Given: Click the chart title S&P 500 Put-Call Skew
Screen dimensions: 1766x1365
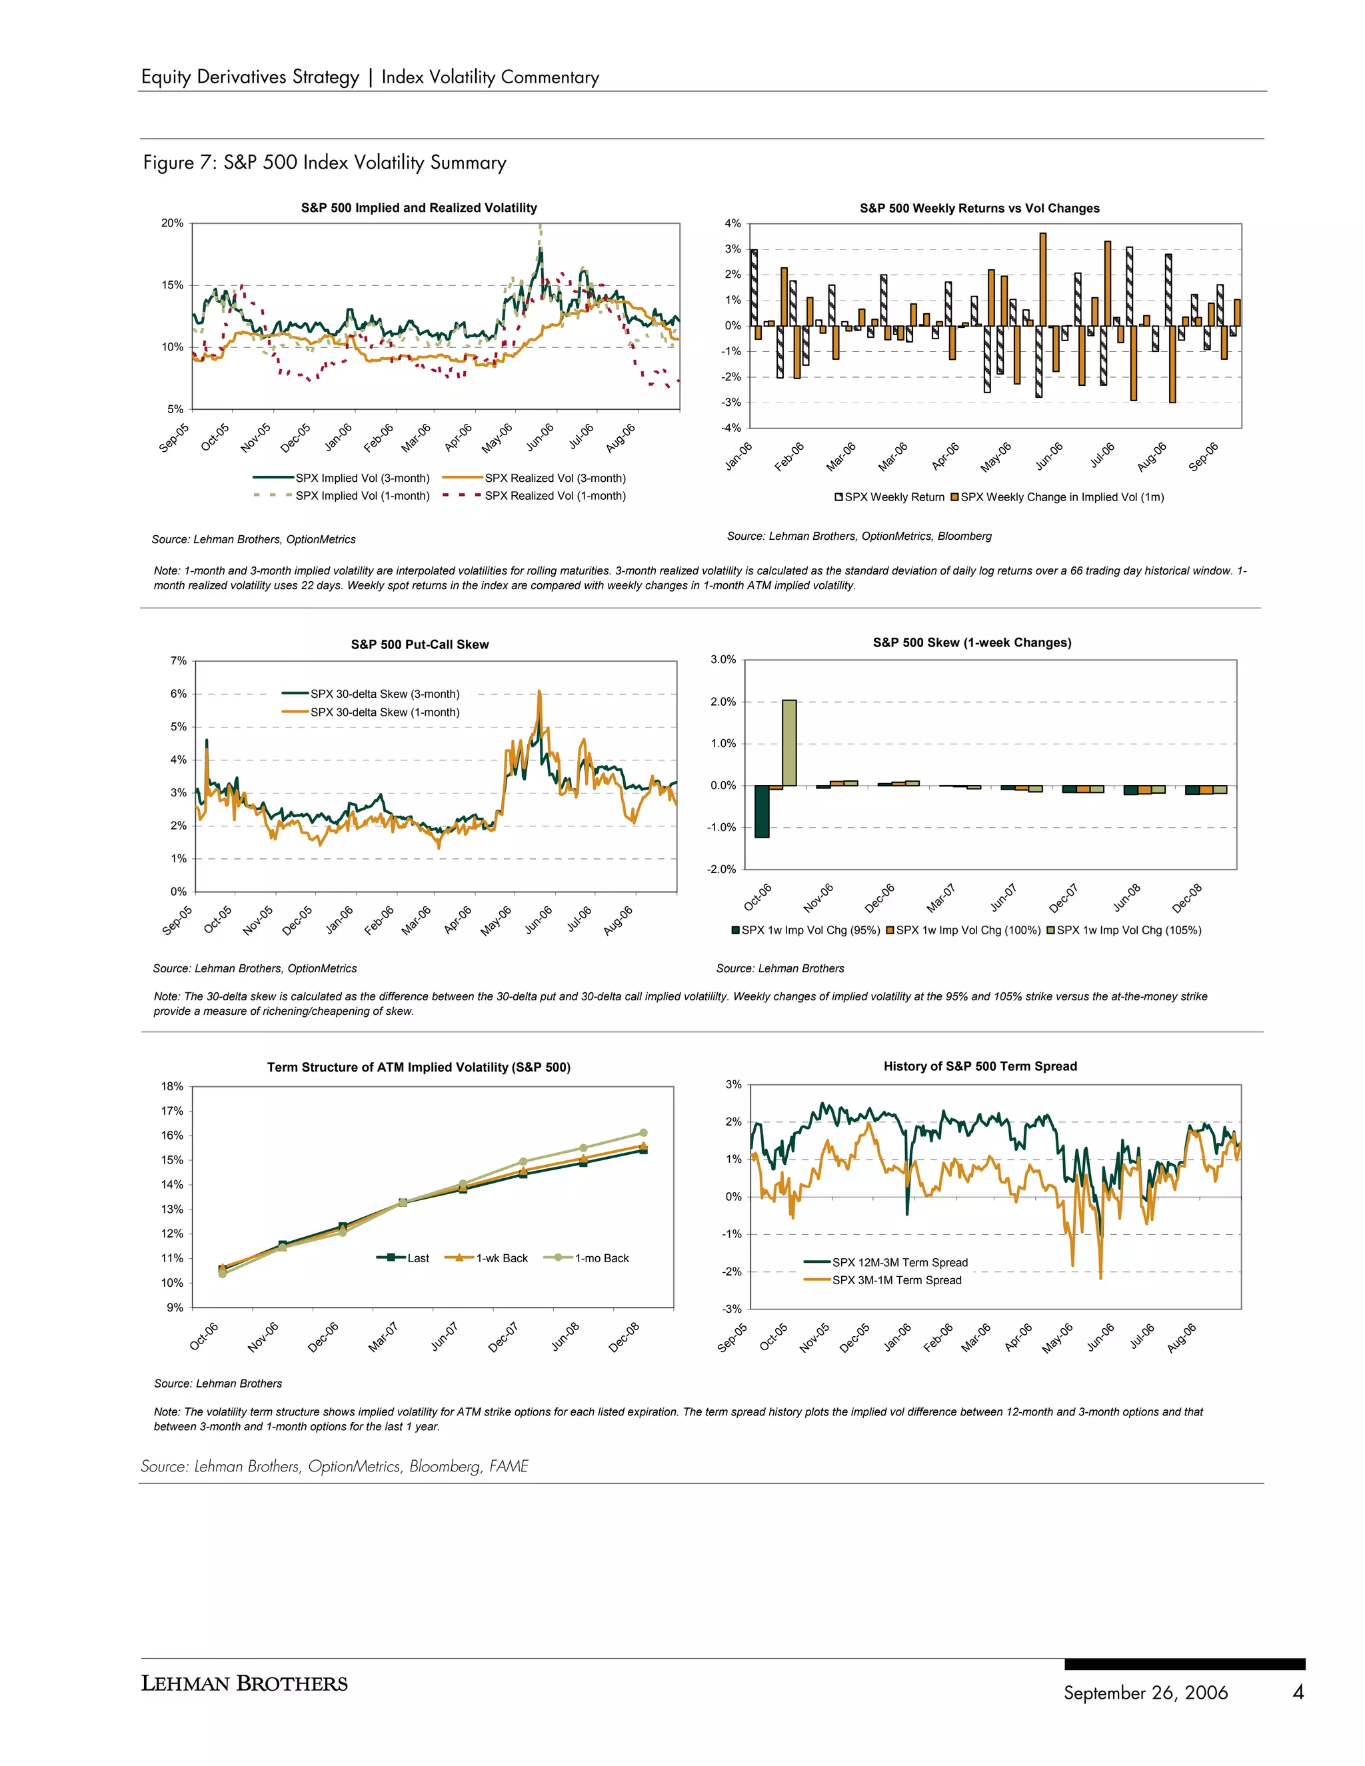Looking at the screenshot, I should pos(420,644).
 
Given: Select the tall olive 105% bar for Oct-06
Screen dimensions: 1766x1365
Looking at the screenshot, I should pos(788,742).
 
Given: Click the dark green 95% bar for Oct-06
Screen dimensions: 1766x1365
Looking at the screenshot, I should pos(762,811).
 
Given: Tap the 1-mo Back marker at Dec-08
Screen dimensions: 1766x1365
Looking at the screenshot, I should pos(643,1133).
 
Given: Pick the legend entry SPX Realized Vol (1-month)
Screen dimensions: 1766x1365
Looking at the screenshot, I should pos(555,496).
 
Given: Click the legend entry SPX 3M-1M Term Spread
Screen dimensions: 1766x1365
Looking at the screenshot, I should pos(896,1280).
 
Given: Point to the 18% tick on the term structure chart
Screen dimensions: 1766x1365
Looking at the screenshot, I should pos(172,1086).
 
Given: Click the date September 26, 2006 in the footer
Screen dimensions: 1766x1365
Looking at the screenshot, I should pos(1145,1693).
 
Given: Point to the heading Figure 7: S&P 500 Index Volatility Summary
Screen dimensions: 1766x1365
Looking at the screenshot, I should pos(325,163).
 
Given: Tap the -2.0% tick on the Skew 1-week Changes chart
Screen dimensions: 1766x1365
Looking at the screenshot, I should pos(722,869).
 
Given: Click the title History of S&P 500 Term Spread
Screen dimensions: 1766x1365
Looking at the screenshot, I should pos(980,1066).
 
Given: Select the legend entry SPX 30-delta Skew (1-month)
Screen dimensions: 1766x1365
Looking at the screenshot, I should pos(384,712).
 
